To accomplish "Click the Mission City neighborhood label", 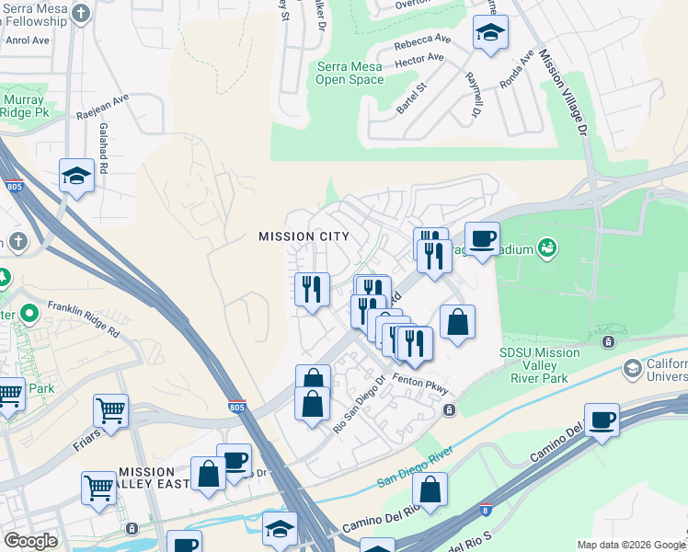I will tap(304, 236).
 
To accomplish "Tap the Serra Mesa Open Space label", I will tap(350, 73).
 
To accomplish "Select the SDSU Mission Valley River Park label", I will tap(539, 364).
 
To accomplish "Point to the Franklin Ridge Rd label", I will tap(84, 318).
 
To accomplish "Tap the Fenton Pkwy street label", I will tap(419, 380).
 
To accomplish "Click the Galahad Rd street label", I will tap(103, 149).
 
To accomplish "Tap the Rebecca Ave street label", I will tap(422, 42).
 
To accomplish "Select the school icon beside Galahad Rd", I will tap(77, 175).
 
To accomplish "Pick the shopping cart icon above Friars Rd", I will tap(110, 410).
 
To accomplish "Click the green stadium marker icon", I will tap(547, 247).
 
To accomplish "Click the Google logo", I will tap(31, 542).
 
